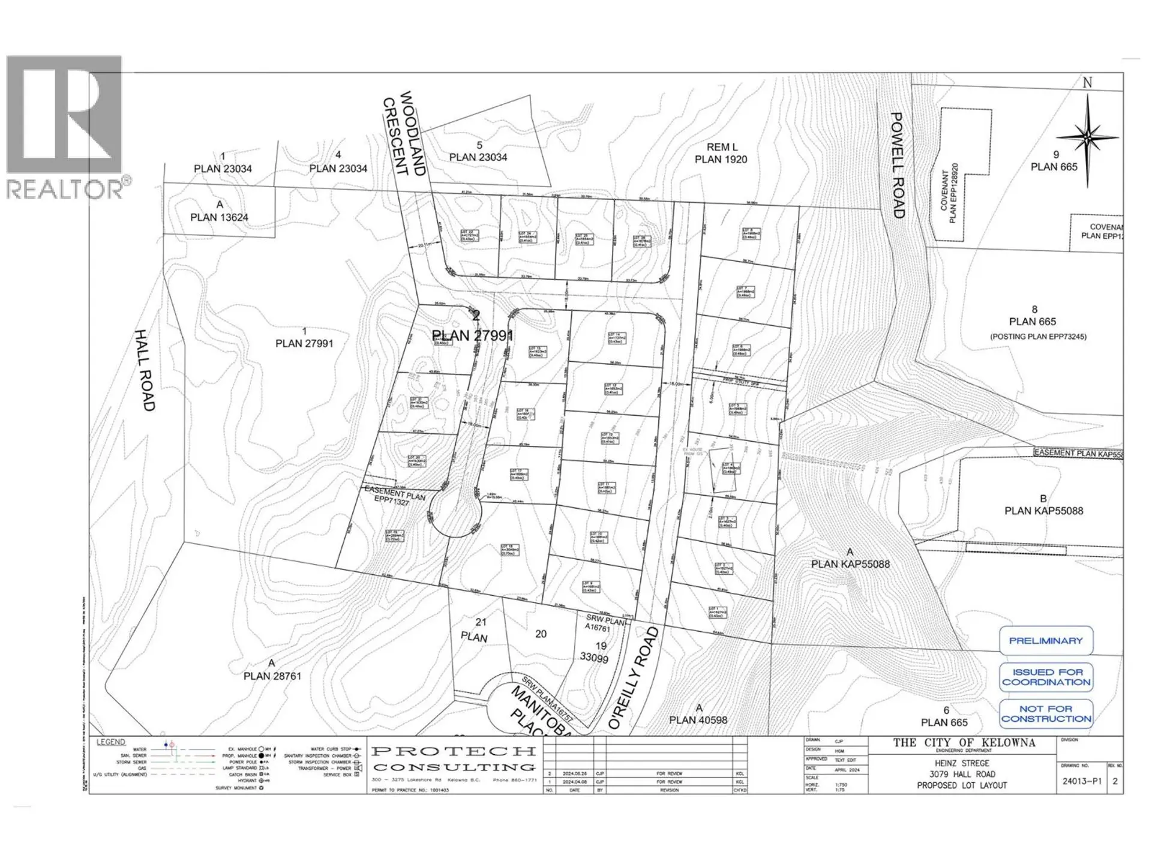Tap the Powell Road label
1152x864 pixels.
(x=897, y=165)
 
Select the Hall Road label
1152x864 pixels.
(x=145, y=370)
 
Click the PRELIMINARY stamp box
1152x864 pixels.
(x=1046, y=641)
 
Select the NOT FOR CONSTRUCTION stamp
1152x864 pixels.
(x=1046, y=714)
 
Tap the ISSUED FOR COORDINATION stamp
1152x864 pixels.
(x=1046, y=677)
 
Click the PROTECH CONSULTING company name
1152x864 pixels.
(x=454, y=759)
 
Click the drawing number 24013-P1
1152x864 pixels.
(x=1082, y=781)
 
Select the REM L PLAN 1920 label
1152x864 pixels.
(x=721, y=153)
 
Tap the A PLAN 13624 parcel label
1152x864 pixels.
(x=219, y=211)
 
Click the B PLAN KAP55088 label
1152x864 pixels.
(x=1043, y=505)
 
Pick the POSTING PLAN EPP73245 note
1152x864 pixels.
(x=1038, y=337)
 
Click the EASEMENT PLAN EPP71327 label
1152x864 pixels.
(x=393, y=496)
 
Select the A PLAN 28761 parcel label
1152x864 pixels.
(x=272, y=670)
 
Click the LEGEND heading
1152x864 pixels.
(x=111, y=742)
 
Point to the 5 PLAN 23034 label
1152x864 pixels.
(x=478, y=151)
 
